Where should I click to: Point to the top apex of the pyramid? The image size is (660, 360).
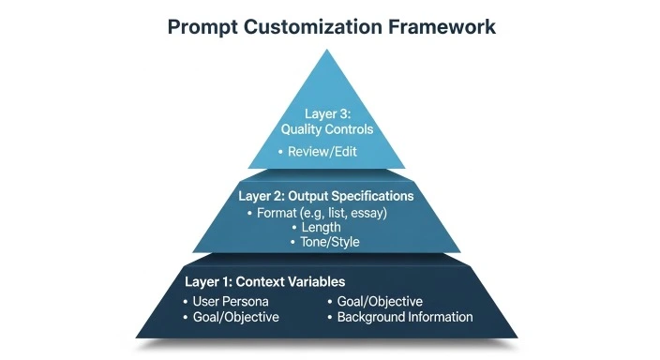330,49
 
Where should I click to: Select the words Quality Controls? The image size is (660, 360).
327,130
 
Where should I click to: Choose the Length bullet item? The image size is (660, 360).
321,227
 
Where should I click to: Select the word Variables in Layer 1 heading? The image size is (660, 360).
313,281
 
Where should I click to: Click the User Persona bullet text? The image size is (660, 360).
230,302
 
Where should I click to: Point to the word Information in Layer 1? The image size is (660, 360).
440,317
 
